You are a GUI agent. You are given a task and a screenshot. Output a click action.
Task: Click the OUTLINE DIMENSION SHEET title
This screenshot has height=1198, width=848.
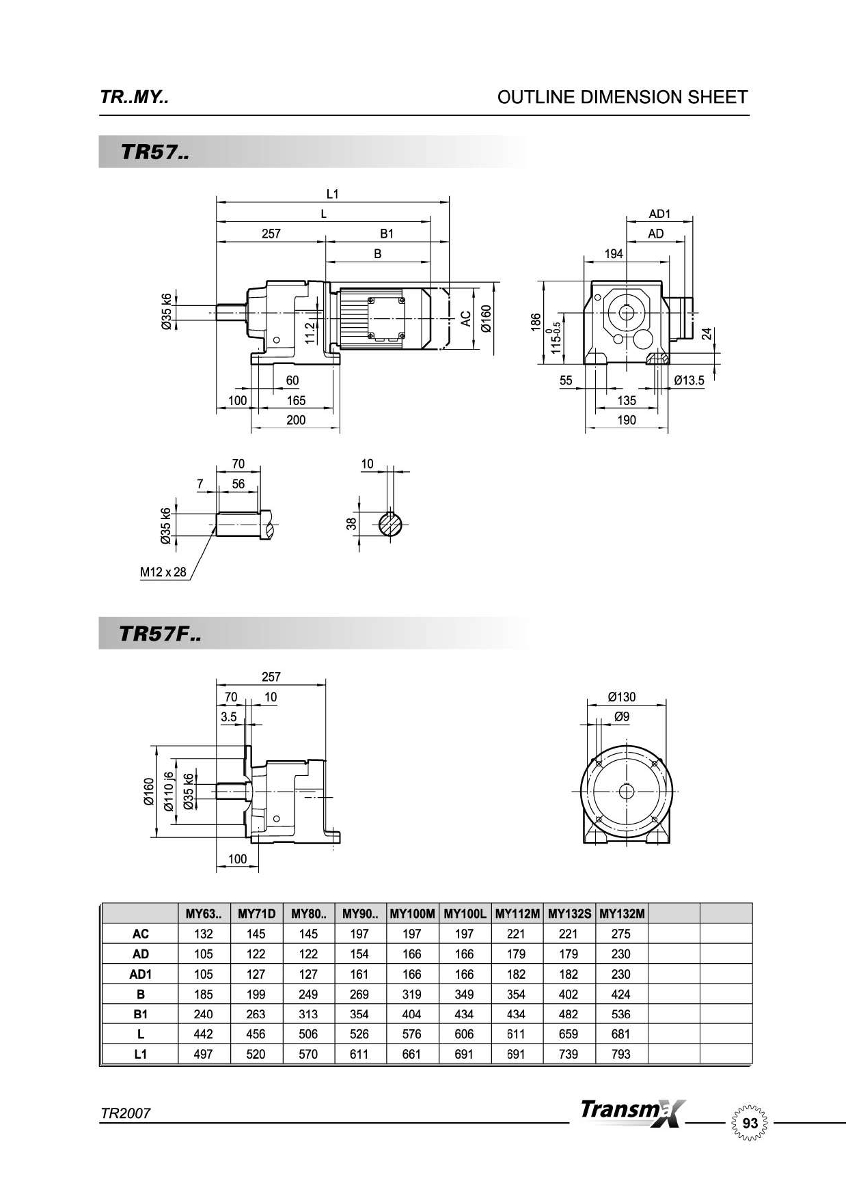[622, 98]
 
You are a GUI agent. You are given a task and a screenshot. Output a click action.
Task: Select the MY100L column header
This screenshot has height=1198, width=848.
[465, 914]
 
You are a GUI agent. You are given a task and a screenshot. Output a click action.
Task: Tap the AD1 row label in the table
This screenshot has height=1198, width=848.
[140, 974]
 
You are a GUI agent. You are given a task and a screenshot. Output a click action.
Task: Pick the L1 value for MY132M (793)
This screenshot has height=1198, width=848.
[620, 1054]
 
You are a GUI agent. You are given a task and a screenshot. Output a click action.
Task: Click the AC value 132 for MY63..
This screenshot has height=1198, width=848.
[203, 934]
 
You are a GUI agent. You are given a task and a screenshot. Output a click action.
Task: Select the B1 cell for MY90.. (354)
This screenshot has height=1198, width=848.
[359, 1014]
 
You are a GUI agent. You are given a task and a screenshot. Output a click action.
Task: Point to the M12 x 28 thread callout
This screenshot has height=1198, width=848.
[163, 572]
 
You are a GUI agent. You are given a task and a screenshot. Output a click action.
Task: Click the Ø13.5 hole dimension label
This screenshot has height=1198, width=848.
[688, 381]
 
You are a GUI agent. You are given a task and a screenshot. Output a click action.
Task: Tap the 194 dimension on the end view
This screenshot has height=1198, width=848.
[614, 254]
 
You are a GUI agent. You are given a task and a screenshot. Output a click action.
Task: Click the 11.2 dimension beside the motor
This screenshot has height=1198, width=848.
[310, 331]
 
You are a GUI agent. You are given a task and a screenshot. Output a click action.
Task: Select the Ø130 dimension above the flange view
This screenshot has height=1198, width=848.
[621, 697]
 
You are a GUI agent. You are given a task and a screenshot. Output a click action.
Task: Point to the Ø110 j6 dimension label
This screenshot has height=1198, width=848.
[169, 791]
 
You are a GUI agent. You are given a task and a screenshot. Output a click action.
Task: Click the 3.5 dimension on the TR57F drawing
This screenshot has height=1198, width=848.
[228, 717]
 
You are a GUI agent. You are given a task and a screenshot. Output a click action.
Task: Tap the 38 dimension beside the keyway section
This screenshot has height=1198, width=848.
[351, 524]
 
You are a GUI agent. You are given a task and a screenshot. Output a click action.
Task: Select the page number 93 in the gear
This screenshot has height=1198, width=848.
[750, 1124]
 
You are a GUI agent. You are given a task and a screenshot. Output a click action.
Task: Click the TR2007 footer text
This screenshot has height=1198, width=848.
[125, 1113]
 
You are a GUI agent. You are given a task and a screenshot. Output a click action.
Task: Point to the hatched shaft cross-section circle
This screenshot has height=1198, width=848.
[390, 525]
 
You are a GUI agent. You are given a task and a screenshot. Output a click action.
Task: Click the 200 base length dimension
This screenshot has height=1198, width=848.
[295, 420]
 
